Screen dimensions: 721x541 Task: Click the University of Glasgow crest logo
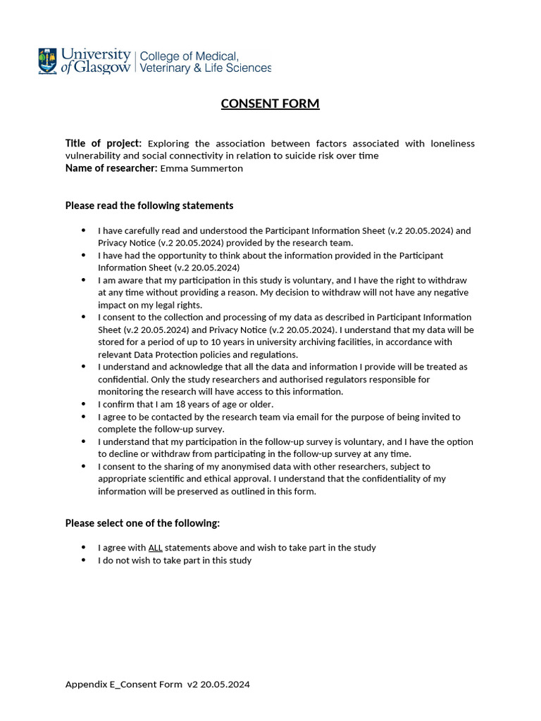point(48,61)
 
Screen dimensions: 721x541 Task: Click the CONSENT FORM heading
point(270,104)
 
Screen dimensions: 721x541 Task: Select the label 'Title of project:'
point(103,144)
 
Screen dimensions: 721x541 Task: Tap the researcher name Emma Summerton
point(201,168)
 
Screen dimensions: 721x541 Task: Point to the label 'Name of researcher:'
point(111,168)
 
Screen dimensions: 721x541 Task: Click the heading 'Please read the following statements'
point(149,206)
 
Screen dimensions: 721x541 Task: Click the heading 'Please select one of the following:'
point(142,523)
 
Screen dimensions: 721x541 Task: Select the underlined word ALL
point(156,548)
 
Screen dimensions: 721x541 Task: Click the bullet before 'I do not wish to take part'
point(84,560)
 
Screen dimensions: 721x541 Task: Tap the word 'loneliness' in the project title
point(451,144)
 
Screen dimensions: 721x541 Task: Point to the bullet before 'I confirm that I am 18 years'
point(84,404)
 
